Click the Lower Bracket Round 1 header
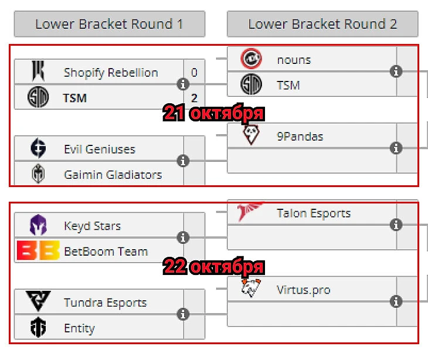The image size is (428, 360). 109,24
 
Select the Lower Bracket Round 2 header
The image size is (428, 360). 322,24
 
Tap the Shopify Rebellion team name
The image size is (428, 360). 110,73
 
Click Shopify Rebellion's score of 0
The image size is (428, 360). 194,73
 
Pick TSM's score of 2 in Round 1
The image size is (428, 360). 194,98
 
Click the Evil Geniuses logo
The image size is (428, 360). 39,149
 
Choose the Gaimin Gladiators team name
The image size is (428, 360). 113,175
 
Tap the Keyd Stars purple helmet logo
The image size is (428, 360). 39,226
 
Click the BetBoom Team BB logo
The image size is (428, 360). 38,251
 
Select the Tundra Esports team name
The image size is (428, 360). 105,303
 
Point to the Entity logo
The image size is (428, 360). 39,328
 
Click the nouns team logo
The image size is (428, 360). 252,59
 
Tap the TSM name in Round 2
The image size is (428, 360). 288,85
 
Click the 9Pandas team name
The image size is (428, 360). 300,136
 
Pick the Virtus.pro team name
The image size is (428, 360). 303,290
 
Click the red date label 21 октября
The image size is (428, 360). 213,113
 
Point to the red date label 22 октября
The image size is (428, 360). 213,267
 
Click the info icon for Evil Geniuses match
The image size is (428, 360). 183,161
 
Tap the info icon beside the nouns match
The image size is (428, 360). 396,72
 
